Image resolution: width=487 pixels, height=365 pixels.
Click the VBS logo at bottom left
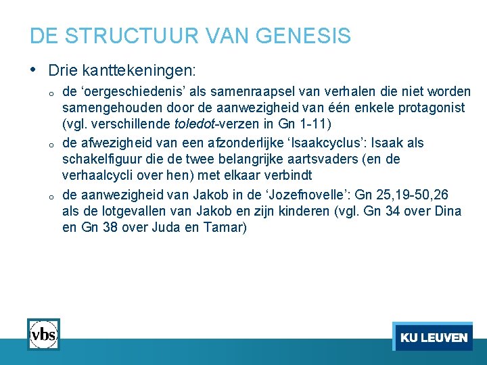[x=43, y=334]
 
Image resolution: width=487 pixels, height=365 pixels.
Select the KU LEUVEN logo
[x=433, y=337]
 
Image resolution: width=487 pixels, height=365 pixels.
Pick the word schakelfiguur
[x=101, y=159]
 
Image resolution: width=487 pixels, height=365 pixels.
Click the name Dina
[x=448, y=211]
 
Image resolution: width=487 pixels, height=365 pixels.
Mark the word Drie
[x=63, y=70]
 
